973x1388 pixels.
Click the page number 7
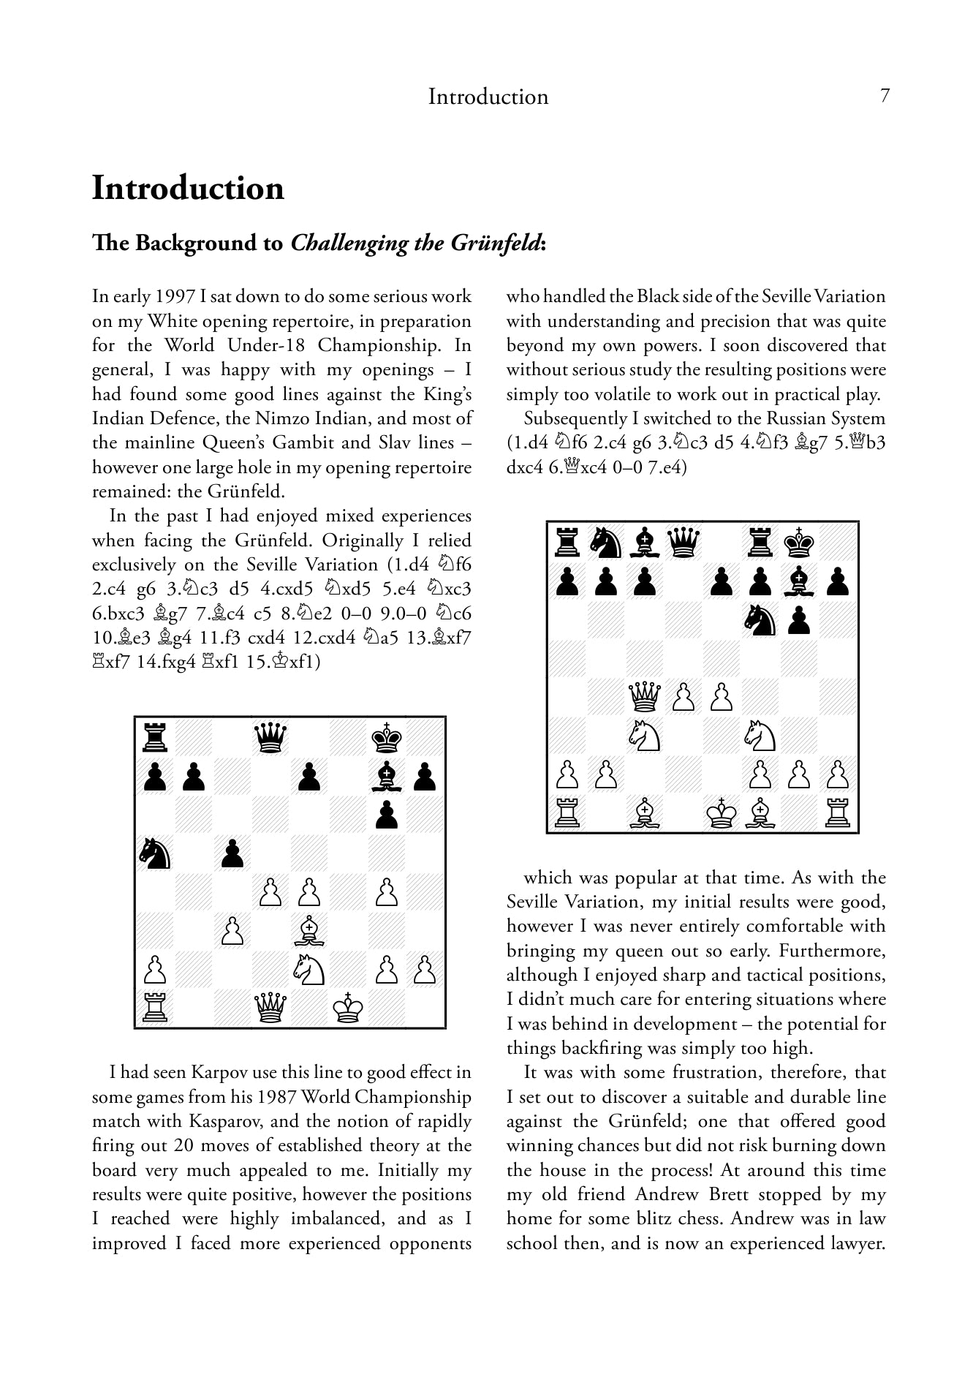[x=885, y=96]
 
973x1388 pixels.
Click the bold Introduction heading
[x=188, y=188]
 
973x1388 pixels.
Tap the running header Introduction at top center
[x=488, y=97]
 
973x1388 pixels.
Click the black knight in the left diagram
[x=155, y=853]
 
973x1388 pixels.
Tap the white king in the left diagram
[x=348, y=1008]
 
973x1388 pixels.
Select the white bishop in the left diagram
[x=309, y=930]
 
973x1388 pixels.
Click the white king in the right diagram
[x=722, y=814]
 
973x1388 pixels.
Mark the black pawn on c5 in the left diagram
[x=232, y=853]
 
